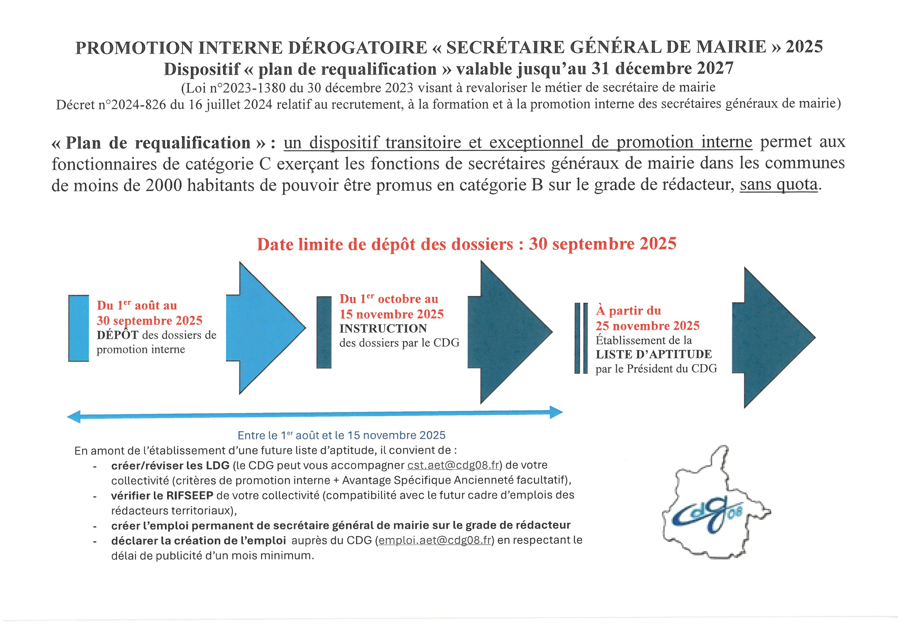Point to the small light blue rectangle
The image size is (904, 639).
pyautogui.click(x=79, y=328)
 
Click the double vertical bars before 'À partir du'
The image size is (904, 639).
pyautogui.click(x=581, y=338)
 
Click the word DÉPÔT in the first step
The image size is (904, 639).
pyautogui.click(x=117, y=335)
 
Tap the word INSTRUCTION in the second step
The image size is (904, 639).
pyautogui.click(x=383, y=329)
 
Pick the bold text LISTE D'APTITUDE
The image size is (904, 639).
pyautogui.click(x=654, y=355)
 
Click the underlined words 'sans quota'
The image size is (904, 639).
pyautogui.click(x=778, y=184)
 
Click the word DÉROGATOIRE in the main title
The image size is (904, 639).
pyautogui.click(x=358, y=48)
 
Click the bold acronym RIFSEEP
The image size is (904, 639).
pyautogui.click(x=189, y=495)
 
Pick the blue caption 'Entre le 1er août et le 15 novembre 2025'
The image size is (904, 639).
pyautogui.click(x=341, y=435)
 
